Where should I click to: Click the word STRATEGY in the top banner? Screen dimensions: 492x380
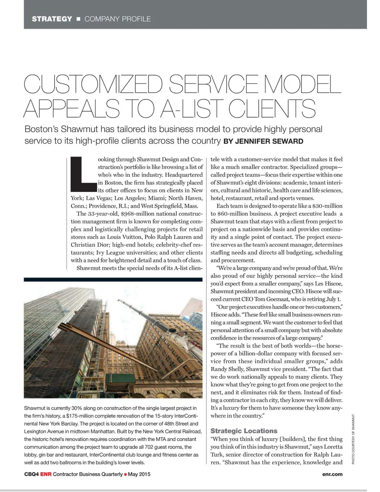(x=52, y=19)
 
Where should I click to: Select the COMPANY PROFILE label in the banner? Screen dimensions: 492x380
(x=118, y=19)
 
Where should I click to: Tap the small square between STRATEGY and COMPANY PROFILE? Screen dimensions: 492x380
(x=78, y=19)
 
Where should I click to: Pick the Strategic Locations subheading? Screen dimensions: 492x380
(x=244, y=431)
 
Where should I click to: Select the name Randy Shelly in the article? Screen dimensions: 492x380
(x=226, y=369)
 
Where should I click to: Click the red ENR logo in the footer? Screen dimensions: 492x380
(x=46, y=474)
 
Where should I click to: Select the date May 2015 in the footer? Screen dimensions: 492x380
(x=139, y=474)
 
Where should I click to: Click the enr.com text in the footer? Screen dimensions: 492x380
(x=332, y=474)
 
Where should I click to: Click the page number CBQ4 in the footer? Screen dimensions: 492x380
(x=31, y=474)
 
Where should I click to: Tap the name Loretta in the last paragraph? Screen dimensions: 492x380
(x=332, y=447)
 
